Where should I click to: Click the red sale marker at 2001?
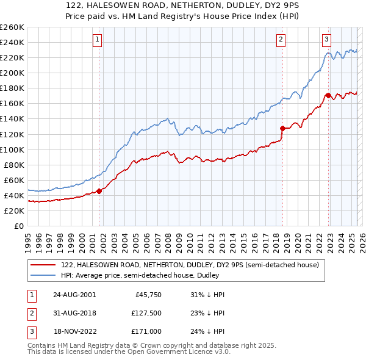pyautogui.click(x=99, y=191)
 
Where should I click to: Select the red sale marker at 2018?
pyautogui.click(x=282, y=128)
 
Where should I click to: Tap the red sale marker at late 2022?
pyautogui.click(x=328, y=95)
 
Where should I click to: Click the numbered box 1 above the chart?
pyautogui.click(x=98, y=40)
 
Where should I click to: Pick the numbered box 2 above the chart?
pyautogui.click(x=281, y=40)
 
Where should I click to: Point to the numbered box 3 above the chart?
pyautogui.click(x=326, y=40)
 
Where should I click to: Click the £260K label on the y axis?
pyautogui.click(x=12, y=27)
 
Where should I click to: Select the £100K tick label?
pyautogui.click(x=12, y=149)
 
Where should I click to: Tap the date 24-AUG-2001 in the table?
pyautogui.click(x=74, y=295)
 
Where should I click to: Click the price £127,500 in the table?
pyautogui.click(x=146, y=313)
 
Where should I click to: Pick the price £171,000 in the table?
pyautogui.click(x=146, y=331)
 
